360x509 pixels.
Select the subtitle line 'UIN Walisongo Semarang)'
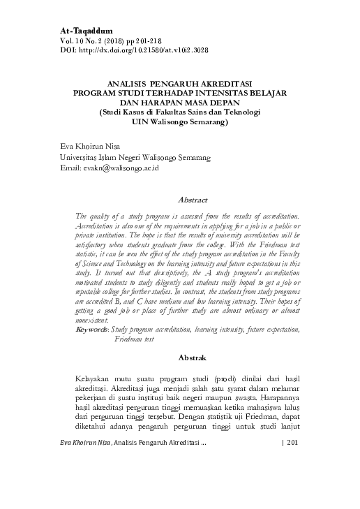(180, 120)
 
